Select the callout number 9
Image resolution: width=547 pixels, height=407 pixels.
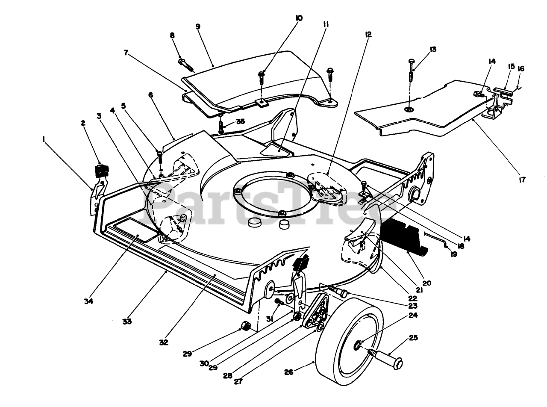pos(198,26)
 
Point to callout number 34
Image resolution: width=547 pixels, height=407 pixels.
pos(88,301)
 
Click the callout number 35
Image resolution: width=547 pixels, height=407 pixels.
pos(240,121)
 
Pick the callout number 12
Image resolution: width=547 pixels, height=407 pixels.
pos(368,34)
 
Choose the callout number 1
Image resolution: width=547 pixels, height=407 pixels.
pos(44,139)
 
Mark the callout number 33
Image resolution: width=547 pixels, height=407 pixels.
pos(127,321)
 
